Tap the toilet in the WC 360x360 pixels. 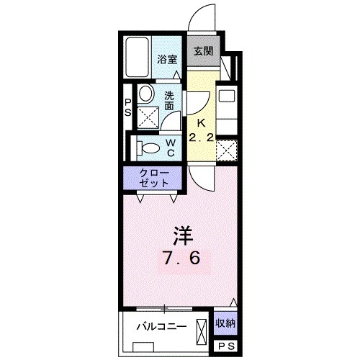[149, 147]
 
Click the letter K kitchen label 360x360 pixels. [203, 123]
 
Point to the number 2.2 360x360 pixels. [202, 138]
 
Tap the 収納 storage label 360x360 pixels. [225, 323]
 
